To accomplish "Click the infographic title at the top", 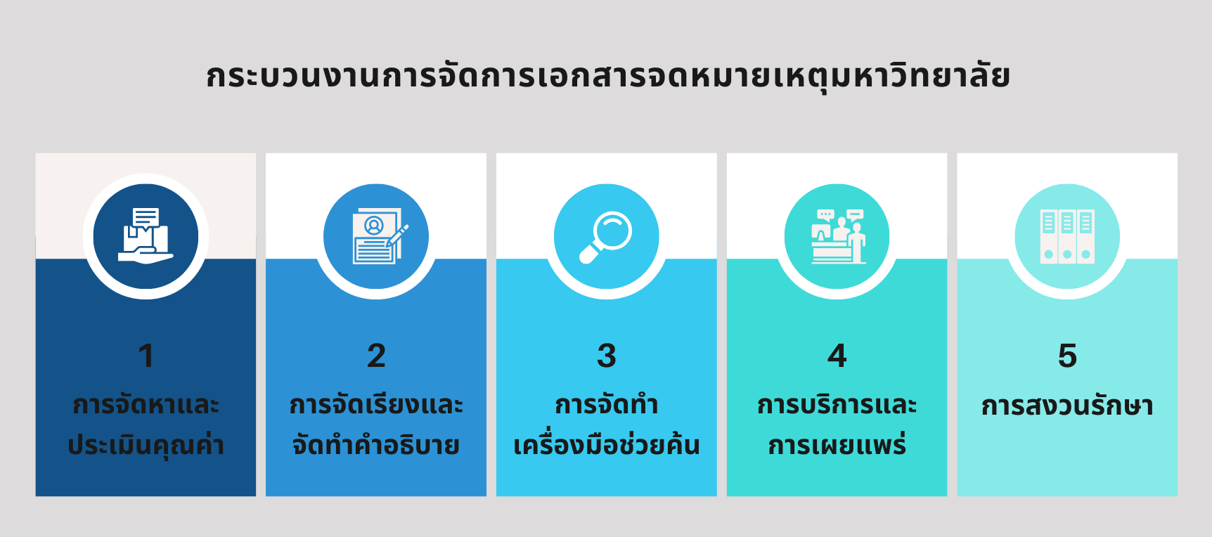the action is pyautogui.click(x=608, y=77).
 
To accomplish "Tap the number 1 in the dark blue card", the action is pyautogui.click(x=146, y=356).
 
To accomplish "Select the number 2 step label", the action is pyautogui.click(x=376, y=356).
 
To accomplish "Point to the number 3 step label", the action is pyautogui.click(x=607, y=356).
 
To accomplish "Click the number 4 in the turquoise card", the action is pyautogui.click(x=837, y=356).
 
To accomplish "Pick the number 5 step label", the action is pyautogui.click(x=1067, y=356).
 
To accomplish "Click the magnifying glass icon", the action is pyautogui.click(x=605, y=238).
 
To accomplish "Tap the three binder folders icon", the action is pyautogui.click(x=1067, y=236).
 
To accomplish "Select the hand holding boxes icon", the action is pyautogui.click(x=146, y=235).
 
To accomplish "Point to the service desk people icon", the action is pyautogui.click(x=838, y=236).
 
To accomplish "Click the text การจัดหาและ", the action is pyautogui.click(x=146, y=405).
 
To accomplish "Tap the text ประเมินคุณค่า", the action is pyautogui.click(x=146, y=445).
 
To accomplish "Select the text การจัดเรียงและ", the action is pyautogui.click(x=376, y=405).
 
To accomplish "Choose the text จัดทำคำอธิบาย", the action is pyautogui.click(x=376, y=445).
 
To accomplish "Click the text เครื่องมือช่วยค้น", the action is pyautogui.click(x=607, y=445).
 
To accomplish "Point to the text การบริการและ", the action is pyautogui.click(x=837, y=405).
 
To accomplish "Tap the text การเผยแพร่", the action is pyautogui.click(x=837, y=445).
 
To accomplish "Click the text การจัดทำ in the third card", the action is pyautogui.click(x=607, y=405).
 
